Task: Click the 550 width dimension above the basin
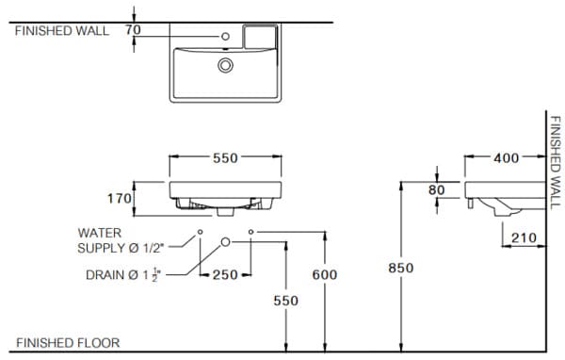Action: click(225, 158)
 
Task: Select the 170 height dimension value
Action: click(117, 199)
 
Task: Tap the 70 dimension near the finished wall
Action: click(133, 30)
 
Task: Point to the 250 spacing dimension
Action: click(225, 274)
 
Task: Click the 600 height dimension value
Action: click(324, 274)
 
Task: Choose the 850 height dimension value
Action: click(401, 268)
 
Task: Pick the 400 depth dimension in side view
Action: click(506, 158)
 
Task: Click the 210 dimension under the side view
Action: click(525, 238)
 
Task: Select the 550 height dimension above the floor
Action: click(285, 300)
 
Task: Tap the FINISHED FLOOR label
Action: click(68, 343)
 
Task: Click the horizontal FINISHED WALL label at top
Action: click(62, 30)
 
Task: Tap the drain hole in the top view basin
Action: click(225, 65)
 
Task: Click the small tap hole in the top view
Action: click(226, 38)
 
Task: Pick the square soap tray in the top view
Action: click(261, 37)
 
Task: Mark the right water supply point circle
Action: click(250, 231)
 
